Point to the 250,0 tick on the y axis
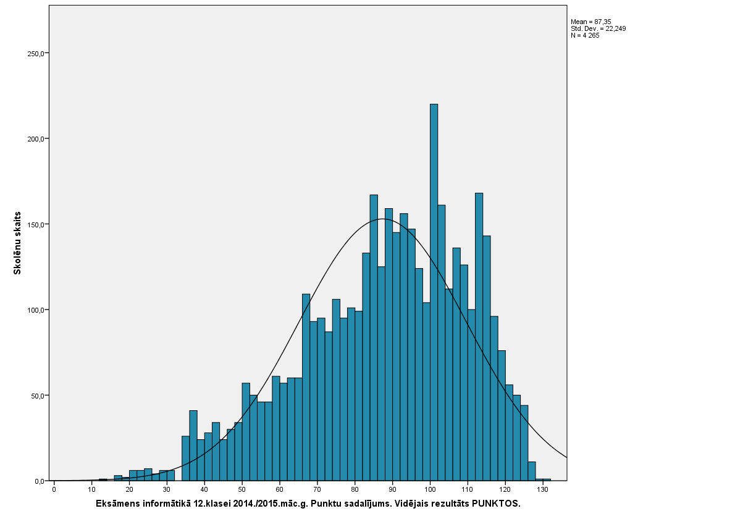[x=36, y=53]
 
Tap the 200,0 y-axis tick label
[x=36, y=139]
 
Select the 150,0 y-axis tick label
[x=36, y=224]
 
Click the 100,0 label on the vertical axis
[x=36, y=310]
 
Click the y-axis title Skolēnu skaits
[x=17, y=243]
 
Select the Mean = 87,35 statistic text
[x=591, y=22]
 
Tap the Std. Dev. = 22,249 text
[x=598, y=28]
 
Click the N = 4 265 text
[x=585, y=35]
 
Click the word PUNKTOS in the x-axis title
[x=496, y=504]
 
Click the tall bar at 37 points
[x=193, y=445]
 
